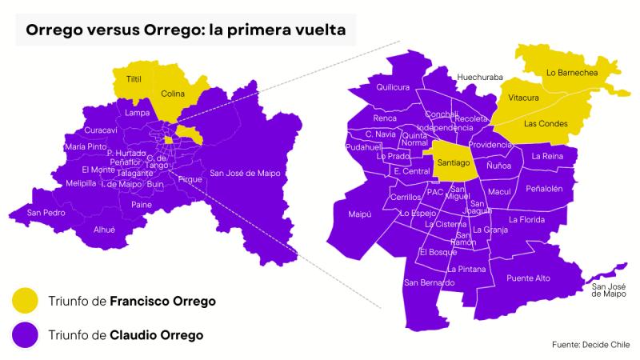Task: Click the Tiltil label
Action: tap(134, 81)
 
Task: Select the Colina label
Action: tap(173, 94)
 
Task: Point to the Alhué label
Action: tap(105, 229)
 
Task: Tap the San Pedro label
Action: tap(46, 213)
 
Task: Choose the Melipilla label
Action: tap(82, 183)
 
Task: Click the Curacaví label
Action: tap(101, 130)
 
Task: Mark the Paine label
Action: tap(142, 205)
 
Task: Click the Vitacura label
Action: tap(523, 98)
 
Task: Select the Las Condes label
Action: tap(546, 124)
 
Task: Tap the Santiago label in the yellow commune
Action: tap(454, 162)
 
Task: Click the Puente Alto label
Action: tap(529, 278)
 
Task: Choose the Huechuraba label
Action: tap(480, 77)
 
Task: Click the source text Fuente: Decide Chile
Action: tap(590, 344)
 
